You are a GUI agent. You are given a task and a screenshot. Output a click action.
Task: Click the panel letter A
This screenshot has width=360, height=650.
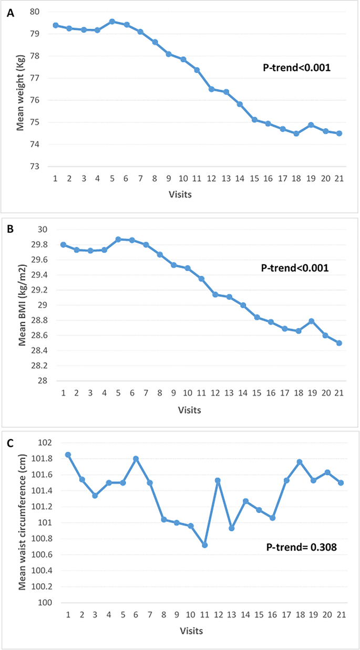[9, 14]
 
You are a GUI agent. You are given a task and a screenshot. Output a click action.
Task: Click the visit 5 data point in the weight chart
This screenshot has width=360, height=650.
[112, 22]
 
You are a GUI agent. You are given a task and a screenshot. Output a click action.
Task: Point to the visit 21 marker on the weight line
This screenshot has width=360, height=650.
[339, 133]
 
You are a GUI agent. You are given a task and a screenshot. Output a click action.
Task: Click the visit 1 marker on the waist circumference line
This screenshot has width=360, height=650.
[68, 455]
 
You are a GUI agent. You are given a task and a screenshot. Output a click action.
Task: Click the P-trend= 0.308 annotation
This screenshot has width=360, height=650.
[298, 548]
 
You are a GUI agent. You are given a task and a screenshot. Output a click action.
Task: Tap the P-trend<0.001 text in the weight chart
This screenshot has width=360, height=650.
[296, 67]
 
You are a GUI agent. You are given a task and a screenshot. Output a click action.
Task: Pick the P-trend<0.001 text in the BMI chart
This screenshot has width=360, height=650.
[295, 268]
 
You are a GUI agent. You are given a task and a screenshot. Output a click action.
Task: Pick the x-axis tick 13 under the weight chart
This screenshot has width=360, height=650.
[226, 179]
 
